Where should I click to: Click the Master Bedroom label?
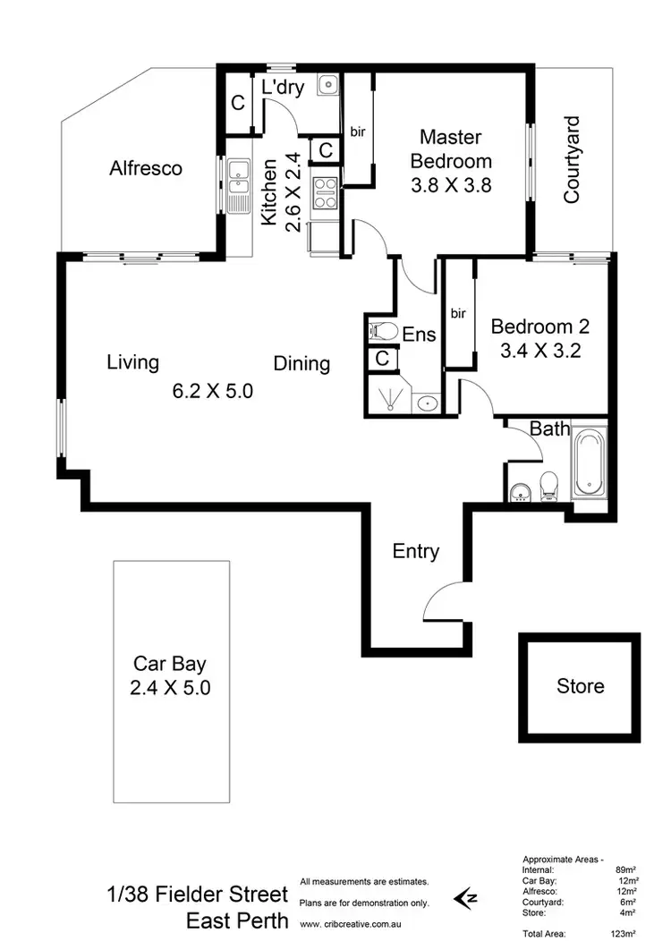451,149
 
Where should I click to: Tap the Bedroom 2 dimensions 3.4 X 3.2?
540,351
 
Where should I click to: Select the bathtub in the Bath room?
589,462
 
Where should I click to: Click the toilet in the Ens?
384,331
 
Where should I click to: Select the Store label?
580,686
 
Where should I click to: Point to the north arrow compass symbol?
467,895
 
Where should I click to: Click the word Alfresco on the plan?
146,168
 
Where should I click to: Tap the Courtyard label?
573,160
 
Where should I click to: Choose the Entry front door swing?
445,600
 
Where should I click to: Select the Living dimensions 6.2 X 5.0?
213,390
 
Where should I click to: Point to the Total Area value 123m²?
623,934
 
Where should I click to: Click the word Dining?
302,364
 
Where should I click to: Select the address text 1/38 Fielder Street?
198,895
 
